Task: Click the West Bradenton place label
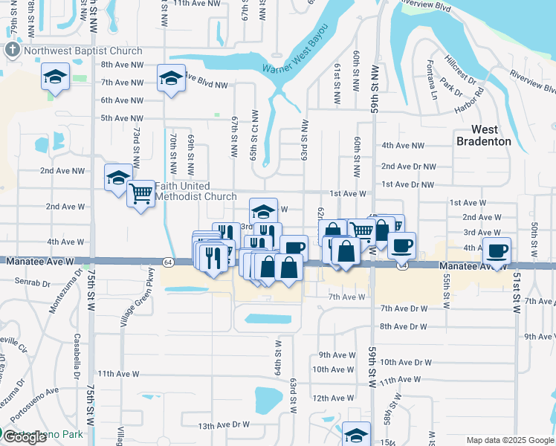pyautogui.click(x=483, y=135)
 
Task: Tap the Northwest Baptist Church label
pyautogui.click(x=82, y=51)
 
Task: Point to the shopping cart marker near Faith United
pyautogui.click(x=140, y=194)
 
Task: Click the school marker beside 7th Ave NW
pyautogui.click(x=171, y=77)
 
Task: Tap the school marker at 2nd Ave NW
pyautogui.click(x=117, y=178)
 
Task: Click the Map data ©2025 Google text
pyautogui.click(x=508, y=440)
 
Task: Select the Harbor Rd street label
pyautogui.click(x=469, y=103)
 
